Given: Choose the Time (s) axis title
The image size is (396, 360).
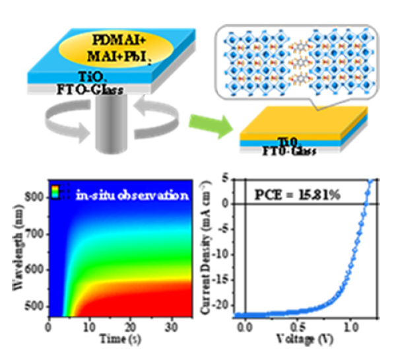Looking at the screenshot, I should pyautogui.click(x=113, y=339).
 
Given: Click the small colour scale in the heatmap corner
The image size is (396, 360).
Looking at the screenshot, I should pyautogui.click(x=58, y=191).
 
